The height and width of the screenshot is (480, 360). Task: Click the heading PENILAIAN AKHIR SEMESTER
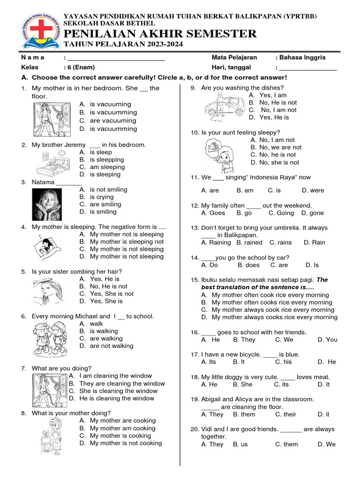pos(160,34)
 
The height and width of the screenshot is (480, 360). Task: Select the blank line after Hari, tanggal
pos(307,68)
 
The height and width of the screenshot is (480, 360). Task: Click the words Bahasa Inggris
pos(302,58)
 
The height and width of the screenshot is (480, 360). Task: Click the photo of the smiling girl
pos(47,204)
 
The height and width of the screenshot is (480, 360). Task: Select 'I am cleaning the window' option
pos(115,376)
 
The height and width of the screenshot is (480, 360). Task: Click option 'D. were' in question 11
pos(313,190)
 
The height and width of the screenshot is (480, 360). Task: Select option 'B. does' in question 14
pos(248,265)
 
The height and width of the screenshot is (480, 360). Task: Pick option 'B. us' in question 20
pos(240,444)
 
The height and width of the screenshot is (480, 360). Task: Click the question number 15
pos(195,280)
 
